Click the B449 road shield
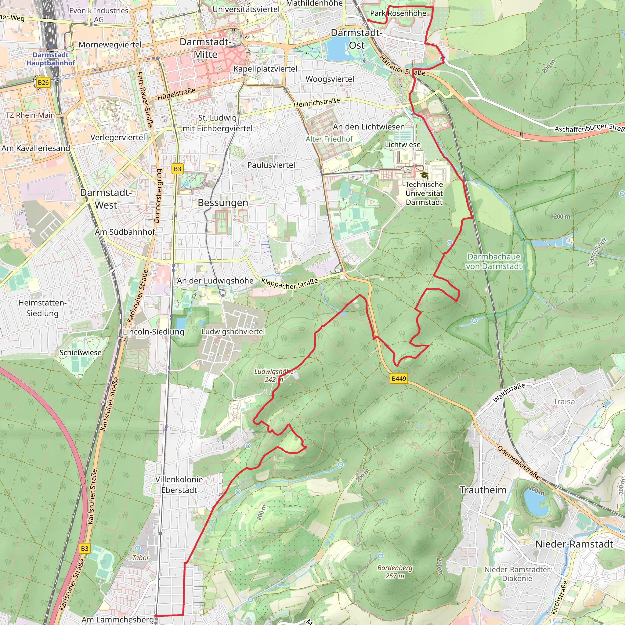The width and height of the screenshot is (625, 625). pos(399,379)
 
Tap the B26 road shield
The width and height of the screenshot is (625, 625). pos(43,82)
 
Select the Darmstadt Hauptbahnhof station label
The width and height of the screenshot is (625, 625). pos(51,59)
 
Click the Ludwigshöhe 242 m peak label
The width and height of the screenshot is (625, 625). pos(274,375)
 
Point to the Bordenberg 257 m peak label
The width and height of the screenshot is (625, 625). pos(395,572)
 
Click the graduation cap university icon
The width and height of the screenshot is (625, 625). pos(424,176)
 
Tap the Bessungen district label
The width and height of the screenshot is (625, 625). pos(223,203)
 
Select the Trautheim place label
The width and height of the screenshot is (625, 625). pos(483,490)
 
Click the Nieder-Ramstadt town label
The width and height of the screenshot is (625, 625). pos(574,544)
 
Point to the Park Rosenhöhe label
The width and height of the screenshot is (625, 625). pos(398,13)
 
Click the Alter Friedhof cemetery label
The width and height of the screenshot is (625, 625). pos(329,139)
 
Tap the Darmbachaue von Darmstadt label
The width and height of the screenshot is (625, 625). pos(494,262)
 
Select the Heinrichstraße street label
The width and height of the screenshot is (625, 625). pos(317,103)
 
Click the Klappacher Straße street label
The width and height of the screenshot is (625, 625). pos(290,284)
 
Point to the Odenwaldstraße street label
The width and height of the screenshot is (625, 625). pos(518,463)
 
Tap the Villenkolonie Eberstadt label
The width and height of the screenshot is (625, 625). pos(179,485)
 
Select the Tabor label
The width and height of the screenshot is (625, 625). pos(140,558)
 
